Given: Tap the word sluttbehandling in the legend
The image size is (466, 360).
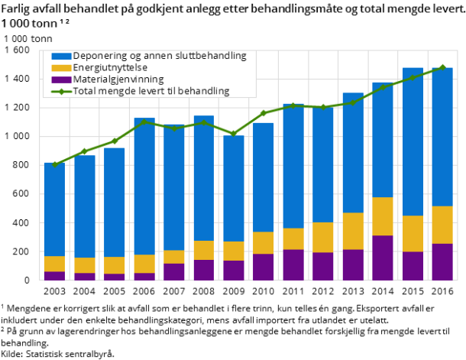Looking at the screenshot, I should coord(210,56).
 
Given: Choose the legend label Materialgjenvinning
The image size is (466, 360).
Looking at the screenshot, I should coord(118,79).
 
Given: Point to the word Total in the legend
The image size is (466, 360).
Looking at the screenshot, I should coord(86,91).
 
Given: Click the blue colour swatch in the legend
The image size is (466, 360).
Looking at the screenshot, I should coord(61,56).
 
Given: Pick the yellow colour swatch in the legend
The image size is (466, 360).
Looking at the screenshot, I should coord(61,67).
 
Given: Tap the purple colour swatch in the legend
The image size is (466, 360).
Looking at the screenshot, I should coord(61,79).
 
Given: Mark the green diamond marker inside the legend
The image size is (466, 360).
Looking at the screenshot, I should coord(61,91).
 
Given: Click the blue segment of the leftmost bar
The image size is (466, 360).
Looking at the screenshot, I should coord(54,209).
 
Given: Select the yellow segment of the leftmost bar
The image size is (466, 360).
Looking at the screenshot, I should coord(54,264).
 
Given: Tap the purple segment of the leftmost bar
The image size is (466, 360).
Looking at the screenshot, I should coord(54,276).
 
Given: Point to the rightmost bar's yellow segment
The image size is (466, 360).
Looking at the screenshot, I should coord(442,225).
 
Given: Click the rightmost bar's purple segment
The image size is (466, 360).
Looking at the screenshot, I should coord(442,262).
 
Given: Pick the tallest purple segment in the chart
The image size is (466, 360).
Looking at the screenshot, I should coord(383,258).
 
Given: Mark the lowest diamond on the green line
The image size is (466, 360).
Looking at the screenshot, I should coord(54,164).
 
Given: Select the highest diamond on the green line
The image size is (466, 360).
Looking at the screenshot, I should coord(442,68).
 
